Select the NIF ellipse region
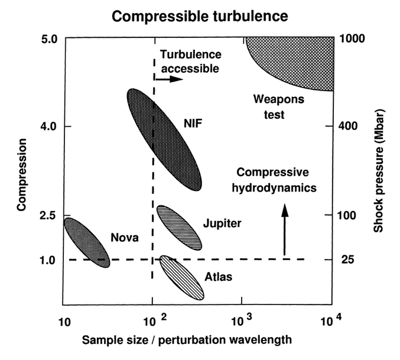pyautogui.click(x=164, y=139)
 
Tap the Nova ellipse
pyautogui.click(x=86, y=242)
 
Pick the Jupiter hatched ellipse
pyautogui.click(x=178, y=227)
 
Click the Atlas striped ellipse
pyautogui.click(x=181, y=277)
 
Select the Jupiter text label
pyautogui.click(x=222, y=224)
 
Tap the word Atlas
pyautogui.click(x=217, y=276)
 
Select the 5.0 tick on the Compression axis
pyautogui.click(x=48, y=39)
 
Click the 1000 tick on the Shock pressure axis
pyautogui.click(x=355, y=39)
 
